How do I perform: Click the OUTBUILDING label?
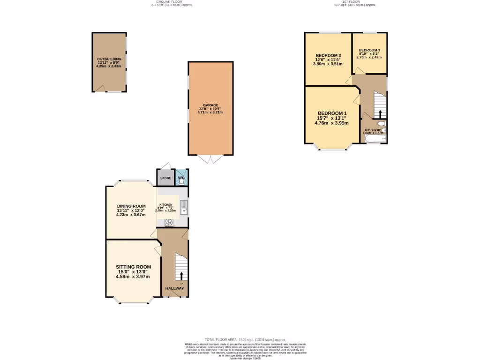109,59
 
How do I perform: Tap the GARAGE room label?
210,105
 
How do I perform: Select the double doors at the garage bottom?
210,159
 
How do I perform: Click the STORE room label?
165,178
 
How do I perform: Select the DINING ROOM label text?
131,206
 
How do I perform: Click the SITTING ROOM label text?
133,267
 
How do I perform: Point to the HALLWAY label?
174,288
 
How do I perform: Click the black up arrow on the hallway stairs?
182,275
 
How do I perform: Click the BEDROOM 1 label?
332,113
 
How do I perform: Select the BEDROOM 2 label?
328,56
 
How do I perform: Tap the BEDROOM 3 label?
369,50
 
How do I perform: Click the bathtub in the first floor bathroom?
374,139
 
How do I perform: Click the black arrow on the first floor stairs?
380,114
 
